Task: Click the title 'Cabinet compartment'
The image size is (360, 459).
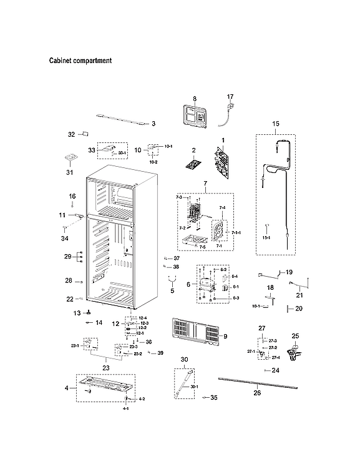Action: pos(80,61)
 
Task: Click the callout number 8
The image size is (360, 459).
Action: pos(194,99)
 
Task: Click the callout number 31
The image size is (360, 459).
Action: pos(70,172)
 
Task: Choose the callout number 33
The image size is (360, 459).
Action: pos(92,151)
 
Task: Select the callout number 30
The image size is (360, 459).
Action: pos(184,360)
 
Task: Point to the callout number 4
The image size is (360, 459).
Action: pos(66,388)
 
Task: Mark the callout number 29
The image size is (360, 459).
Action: pos(68,257)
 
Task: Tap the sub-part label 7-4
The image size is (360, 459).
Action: pos(222,207)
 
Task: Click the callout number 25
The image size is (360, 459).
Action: pos(295,336)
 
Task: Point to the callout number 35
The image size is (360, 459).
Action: pos(213,397)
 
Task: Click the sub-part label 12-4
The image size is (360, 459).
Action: pos(142,318)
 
